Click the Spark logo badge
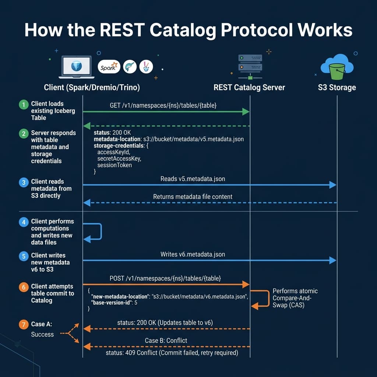click(x=109, y=67)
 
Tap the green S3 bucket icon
click(x=337, y=70)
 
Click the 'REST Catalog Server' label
click(x=249, y=88)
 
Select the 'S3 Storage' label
click(x=337, y=88)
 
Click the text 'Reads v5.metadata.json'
click(x=193, y=179)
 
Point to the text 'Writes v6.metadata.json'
click(x=193, y=254)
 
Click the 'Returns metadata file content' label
click(x=193, y=197)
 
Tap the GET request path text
click(x=163, y=105)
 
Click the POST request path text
click(x=165, y=278)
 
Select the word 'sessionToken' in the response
click(x=114, y=165)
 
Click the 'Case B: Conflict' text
click(x=166, y=341)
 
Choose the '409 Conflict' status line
click(x=172, y=353)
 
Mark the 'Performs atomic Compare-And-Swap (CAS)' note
click(x=295, y=298)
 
